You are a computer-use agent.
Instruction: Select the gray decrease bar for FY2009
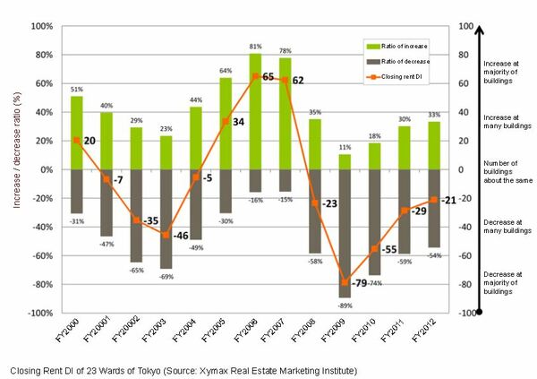point(345,233)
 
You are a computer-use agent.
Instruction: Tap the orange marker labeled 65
point(255,76)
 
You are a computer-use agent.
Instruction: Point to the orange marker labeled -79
point(345,282)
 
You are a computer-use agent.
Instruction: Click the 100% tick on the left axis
point(43,26)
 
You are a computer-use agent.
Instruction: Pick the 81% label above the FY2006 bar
point(255,47)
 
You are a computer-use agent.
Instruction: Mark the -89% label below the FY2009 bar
point(345,305)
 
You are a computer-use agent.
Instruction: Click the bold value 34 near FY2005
point(238,121)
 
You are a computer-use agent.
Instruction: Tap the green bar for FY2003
point(166,152)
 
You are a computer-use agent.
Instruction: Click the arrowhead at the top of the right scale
point(482,30)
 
